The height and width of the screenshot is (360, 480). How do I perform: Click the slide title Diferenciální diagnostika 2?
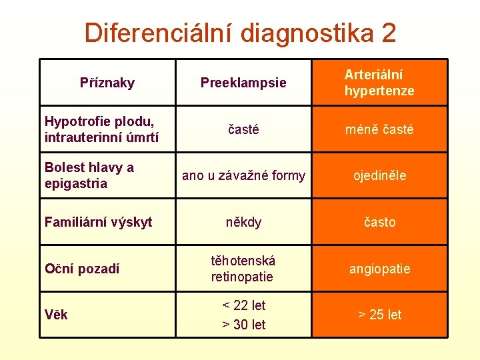click(x=240, y=32)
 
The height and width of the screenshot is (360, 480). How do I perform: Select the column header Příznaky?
click(x=107, y=83)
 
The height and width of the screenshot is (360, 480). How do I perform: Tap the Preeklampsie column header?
click(x=243, y=83)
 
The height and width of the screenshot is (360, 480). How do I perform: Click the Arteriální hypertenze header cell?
click(x=379, y=83)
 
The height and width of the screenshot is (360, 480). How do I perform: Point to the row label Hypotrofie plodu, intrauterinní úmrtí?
click(x=99, y=130)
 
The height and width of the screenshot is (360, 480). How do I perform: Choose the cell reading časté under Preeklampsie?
click(x=243, y=130)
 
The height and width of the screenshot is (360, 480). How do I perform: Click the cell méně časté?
click(x=379, y=130)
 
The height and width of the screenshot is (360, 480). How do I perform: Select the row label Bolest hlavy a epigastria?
click(x=89, y=175)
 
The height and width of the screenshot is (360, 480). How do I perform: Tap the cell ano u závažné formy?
click(x=243, y=176)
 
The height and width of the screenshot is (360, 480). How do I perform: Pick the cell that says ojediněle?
click(x=379, y=176)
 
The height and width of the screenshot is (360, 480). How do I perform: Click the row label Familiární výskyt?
click(x=98, y=222)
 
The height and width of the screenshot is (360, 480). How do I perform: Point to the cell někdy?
click(x=243, y=222)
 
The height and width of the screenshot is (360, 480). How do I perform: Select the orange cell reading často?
click(x=379, y=222)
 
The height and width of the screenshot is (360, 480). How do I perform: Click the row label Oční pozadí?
click(x=82, y=269)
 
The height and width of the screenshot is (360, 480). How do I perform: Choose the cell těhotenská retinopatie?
click(x=243, y=269)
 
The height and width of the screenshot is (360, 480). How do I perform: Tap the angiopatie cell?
click(x=379, y=269)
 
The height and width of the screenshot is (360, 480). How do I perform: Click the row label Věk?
click(x=56, y=315)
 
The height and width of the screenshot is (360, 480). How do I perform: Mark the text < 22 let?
click(x=243, y=305)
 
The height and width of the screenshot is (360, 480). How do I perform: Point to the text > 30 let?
click(x=243, y=325)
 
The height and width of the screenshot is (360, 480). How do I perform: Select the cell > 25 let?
click(x=379, y=315)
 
